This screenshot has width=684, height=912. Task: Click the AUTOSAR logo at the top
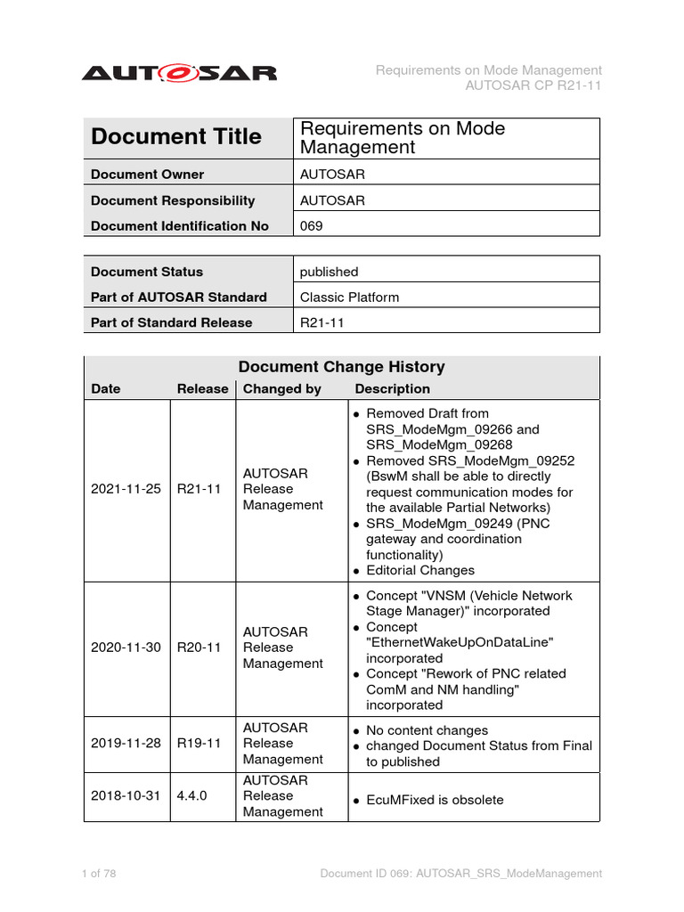pyautogui.click(x=179, y=73)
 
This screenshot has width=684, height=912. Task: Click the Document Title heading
pyautogui.click(x=176, y=137)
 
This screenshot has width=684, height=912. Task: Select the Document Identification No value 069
pyautogui.click(x=312, y=226)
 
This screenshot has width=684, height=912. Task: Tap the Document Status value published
pyautogui.click(x=329, y=272)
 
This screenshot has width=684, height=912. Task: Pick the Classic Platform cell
pyautogui.click(x=349, y=297)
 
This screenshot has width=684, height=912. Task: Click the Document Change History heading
pyautogui.click(x=341, y=367)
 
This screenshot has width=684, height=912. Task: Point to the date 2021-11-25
pyautogui.click(x=126, y=489)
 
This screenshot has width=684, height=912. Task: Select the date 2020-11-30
pyautogui.click(x=126, y=647)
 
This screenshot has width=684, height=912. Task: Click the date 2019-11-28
pyautogui.click(x=126, y=743)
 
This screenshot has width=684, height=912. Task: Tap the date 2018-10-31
pyautogui.click(x=126, y=795)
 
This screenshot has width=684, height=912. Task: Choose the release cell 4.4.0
pyautogui.click(x=192, y=795)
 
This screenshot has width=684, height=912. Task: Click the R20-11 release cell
pyautogui.click(x=199, y=647)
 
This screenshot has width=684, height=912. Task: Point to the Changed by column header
pyautogui.click(x=282, y=389)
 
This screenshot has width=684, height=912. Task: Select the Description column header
pyautogui.click(x=392, y=389)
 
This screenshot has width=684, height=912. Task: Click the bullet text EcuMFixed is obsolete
pyautogui.click(x=435, y=800)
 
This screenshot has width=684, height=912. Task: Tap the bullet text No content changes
pyautogui.click(x=427, y=730)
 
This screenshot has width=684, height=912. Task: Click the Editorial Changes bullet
pyautogui.click(x=420, y=570)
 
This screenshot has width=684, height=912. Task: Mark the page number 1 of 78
pyautogui.click(x=99, y=874)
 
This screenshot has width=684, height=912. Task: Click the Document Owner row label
pyautogui.click(x=147, y=175)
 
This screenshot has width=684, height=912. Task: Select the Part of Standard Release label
pyautogui.click(x=171, y=322)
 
